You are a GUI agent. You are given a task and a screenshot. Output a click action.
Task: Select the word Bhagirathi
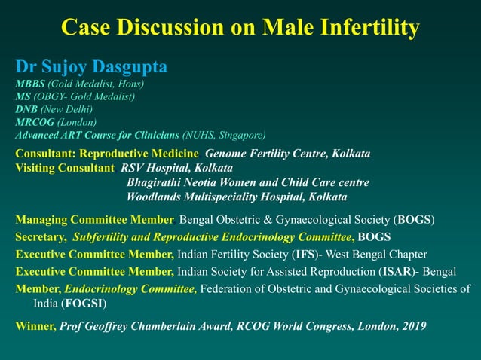pos(156,182)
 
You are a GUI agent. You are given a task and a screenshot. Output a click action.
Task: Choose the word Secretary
pos(40,237)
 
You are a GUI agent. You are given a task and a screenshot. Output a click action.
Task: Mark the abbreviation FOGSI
pos(84,304)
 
